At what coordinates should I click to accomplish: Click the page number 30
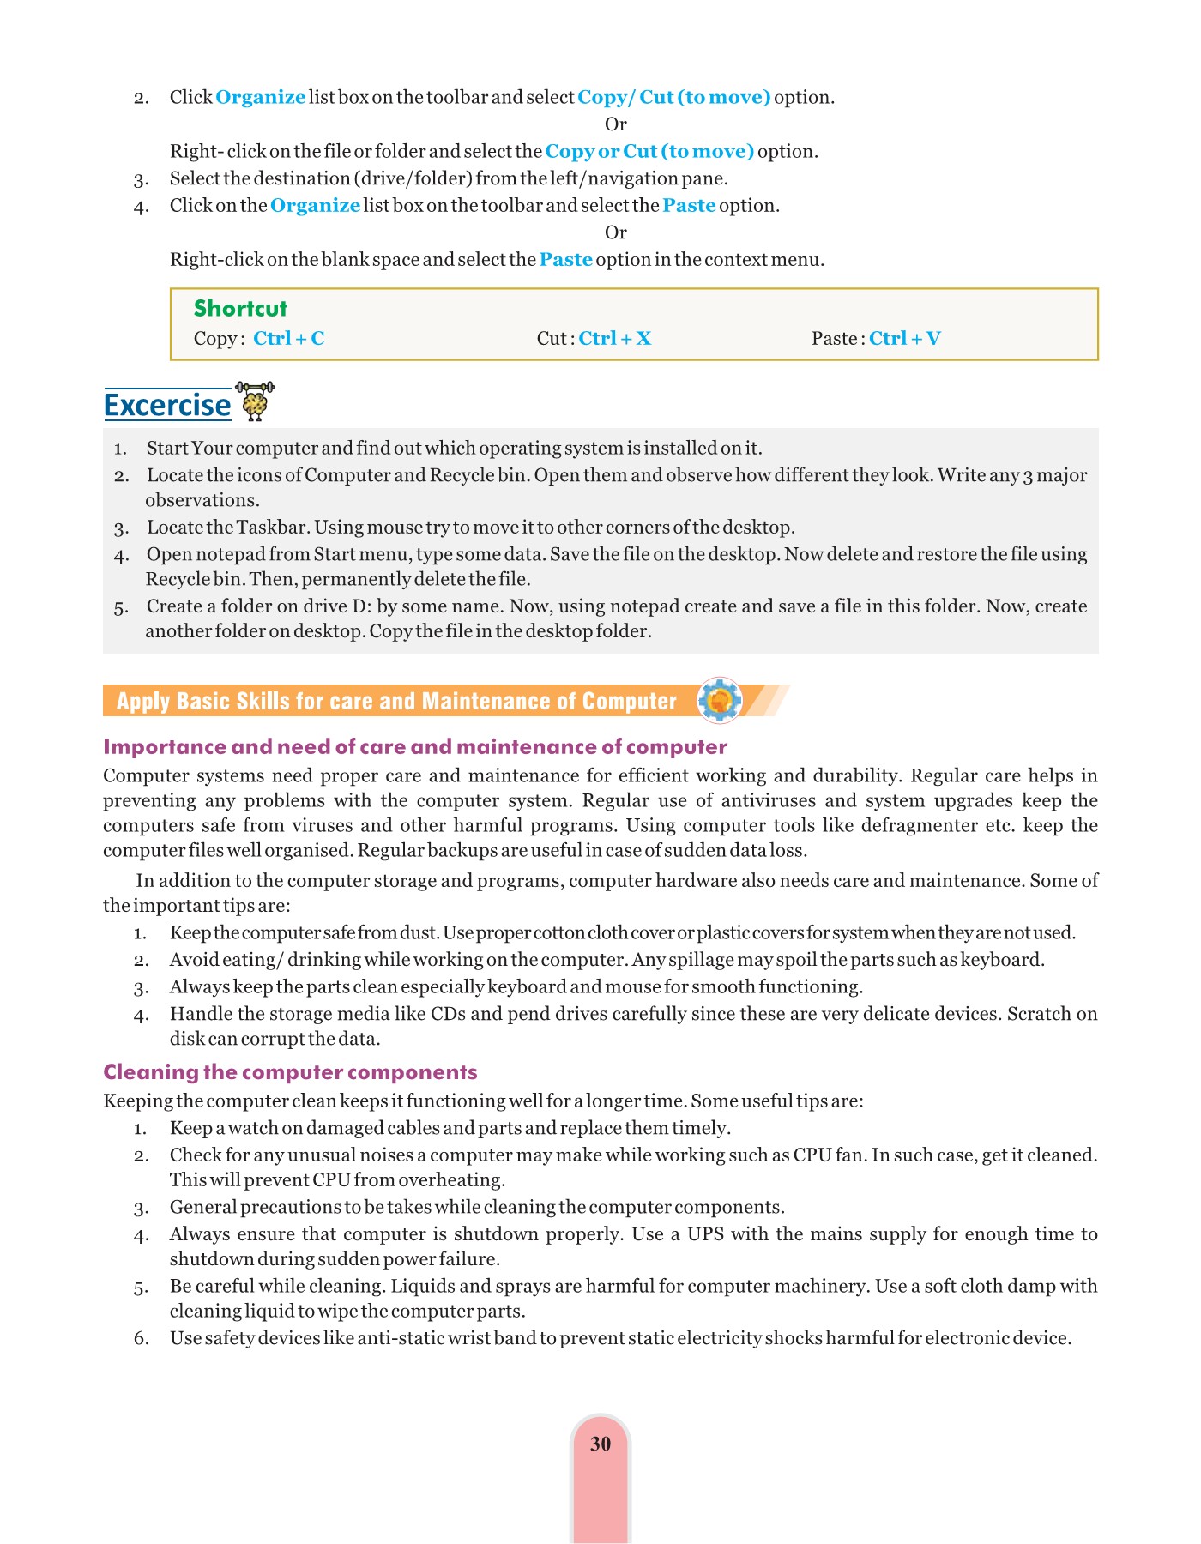[x=600, y=1444]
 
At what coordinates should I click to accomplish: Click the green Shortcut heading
[x=240, y=309]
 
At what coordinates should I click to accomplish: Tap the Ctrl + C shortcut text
[x=289, y=339]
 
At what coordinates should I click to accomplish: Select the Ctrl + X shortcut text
[x=614, y=339]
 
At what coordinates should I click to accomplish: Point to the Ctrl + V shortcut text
[x=904, y=339]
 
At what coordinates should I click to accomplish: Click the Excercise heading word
[x=167, y=405]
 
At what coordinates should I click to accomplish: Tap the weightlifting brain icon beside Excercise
[x=255, y=401]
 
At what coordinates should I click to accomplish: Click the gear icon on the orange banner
[x=720, y=701]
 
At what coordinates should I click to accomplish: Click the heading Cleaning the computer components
[x=290, y=1072]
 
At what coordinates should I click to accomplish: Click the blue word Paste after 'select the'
[x=689, y=206]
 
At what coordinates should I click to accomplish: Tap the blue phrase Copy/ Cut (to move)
[x=673, y=98]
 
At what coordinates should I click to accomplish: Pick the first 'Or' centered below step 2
[x=615, y=124]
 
